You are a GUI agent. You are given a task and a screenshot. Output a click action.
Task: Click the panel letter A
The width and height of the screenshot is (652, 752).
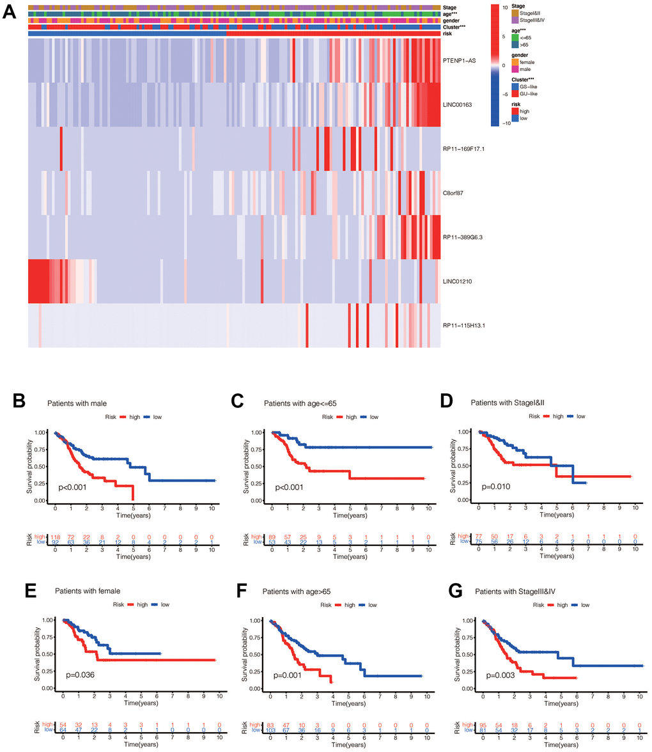click(x=11, y=12)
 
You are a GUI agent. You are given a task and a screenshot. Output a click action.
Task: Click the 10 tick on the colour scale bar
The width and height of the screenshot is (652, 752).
click(x=503, y=8)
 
